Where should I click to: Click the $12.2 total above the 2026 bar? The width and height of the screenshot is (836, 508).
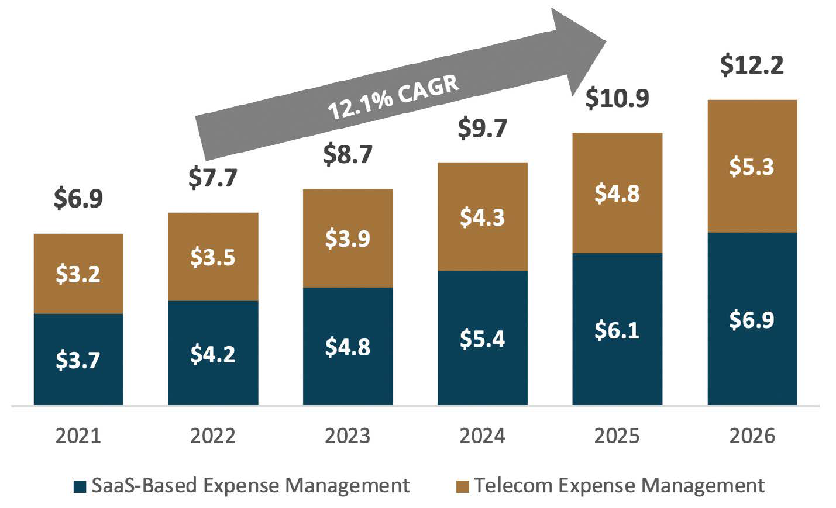point(751,65)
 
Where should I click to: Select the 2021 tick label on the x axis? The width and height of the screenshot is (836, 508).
point(78,436)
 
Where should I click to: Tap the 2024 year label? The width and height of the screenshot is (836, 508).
point(482,436)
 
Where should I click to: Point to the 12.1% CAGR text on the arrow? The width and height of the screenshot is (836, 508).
point(393,97)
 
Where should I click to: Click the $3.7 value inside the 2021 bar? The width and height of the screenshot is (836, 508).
point(78,360)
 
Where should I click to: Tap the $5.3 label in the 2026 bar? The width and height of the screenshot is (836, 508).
point(751,167)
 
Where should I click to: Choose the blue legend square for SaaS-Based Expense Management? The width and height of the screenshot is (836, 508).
point(80,486)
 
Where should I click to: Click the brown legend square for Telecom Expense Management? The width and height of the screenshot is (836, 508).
point(462,486)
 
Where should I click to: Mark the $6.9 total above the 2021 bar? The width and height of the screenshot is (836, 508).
point(78,199)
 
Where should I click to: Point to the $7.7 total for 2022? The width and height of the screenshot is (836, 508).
point(213,177)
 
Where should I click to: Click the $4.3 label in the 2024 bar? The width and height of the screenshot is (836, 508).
point(482,217)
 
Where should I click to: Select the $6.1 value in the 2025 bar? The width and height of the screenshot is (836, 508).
point(617,330)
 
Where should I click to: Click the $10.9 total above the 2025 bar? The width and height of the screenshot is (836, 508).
point(617,98)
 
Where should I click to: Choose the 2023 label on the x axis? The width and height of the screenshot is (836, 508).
point(348,436)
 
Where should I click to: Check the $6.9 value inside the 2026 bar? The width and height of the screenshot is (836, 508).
point(751,320)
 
